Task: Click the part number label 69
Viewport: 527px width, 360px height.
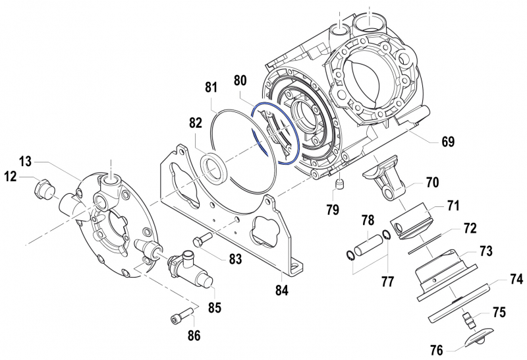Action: pos(447,142)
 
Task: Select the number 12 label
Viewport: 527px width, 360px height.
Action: pos(11,176)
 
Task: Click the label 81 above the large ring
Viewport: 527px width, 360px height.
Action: pos(211,87)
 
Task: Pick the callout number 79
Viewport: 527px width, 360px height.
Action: pos(332,210)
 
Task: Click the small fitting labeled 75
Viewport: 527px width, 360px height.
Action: pos(469,320)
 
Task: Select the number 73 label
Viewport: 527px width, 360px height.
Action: pos(485,251)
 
